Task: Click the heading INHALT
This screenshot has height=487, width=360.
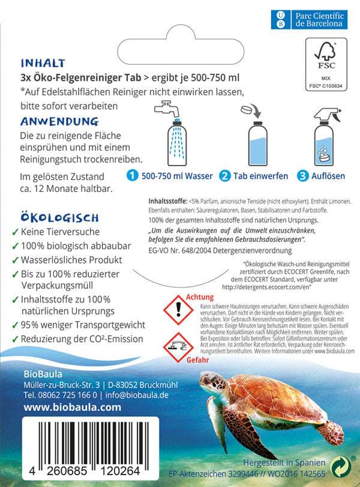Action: (43, 63)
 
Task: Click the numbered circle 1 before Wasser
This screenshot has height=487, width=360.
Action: (132, 176)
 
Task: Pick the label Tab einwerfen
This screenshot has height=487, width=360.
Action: (260, 176)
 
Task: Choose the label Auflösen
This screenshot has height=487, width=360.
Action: (328, 176)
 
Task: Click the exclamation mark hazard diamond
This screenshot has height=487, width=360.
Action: (178, 311)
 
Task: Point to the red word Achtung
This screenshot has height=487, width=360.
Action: (200, 297)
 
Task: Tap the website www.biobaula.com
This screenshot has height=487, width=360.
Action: (64, 407)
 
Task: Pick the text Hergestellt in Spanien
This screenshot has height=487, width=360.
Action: (284, 463)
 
